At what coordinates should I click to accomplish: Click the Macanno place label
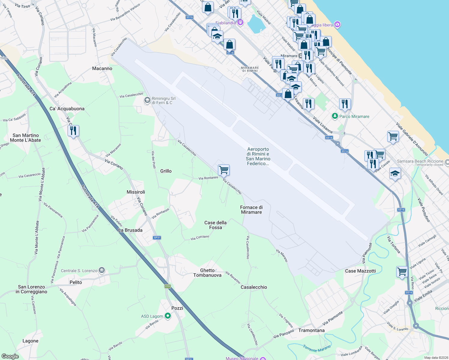click(x=102, y=68)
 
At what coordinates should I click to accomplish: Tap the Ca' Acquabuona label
click(x=67, y=109)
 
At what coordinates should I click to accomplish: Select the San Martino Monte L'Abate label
click(x=26, y=138)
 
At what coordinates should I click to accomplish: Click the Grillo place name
click(x=166, y=171)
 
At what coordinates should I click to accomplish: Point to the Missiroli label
click(x=136, y=192)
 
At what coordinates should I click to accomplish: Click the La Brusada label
click(x=130, y=230)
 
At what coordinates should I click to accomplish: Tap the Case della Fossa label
click(x=215, y=225)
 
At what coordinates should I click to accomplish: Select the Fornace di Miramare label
click(x=252, y=210)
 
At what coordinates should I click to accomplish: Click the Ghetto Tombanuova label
click(x=207, y=273)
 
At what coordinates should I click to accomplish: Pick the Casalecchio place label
click(x=254, y=287)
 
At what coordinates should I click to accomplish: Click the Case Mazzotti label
click(x=360, y=271)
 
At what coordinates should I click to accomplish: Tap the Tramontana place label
click(x=311, y=330)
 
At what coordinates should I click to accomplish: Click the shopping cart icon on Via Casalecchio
click(x=224, y=170)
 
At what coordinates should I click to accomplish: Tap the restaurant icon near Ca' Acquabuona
click(x=73, y=131)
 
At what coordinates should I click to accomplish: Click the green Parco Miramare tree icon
click(x=335, y=116)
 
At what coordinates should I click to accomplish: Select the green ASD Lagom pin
click(x=168, y=316)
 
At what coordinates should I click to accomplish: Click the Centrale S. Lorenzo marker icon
click(x=102, y=270)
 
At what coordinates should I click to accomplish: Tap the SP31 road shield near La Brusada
click(x=157, y=238)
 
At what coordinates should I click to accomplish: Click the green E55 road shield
click(x=167, y=286)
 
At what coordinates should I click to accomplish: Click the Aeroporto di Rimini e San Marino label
click(x=258, y=156)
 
